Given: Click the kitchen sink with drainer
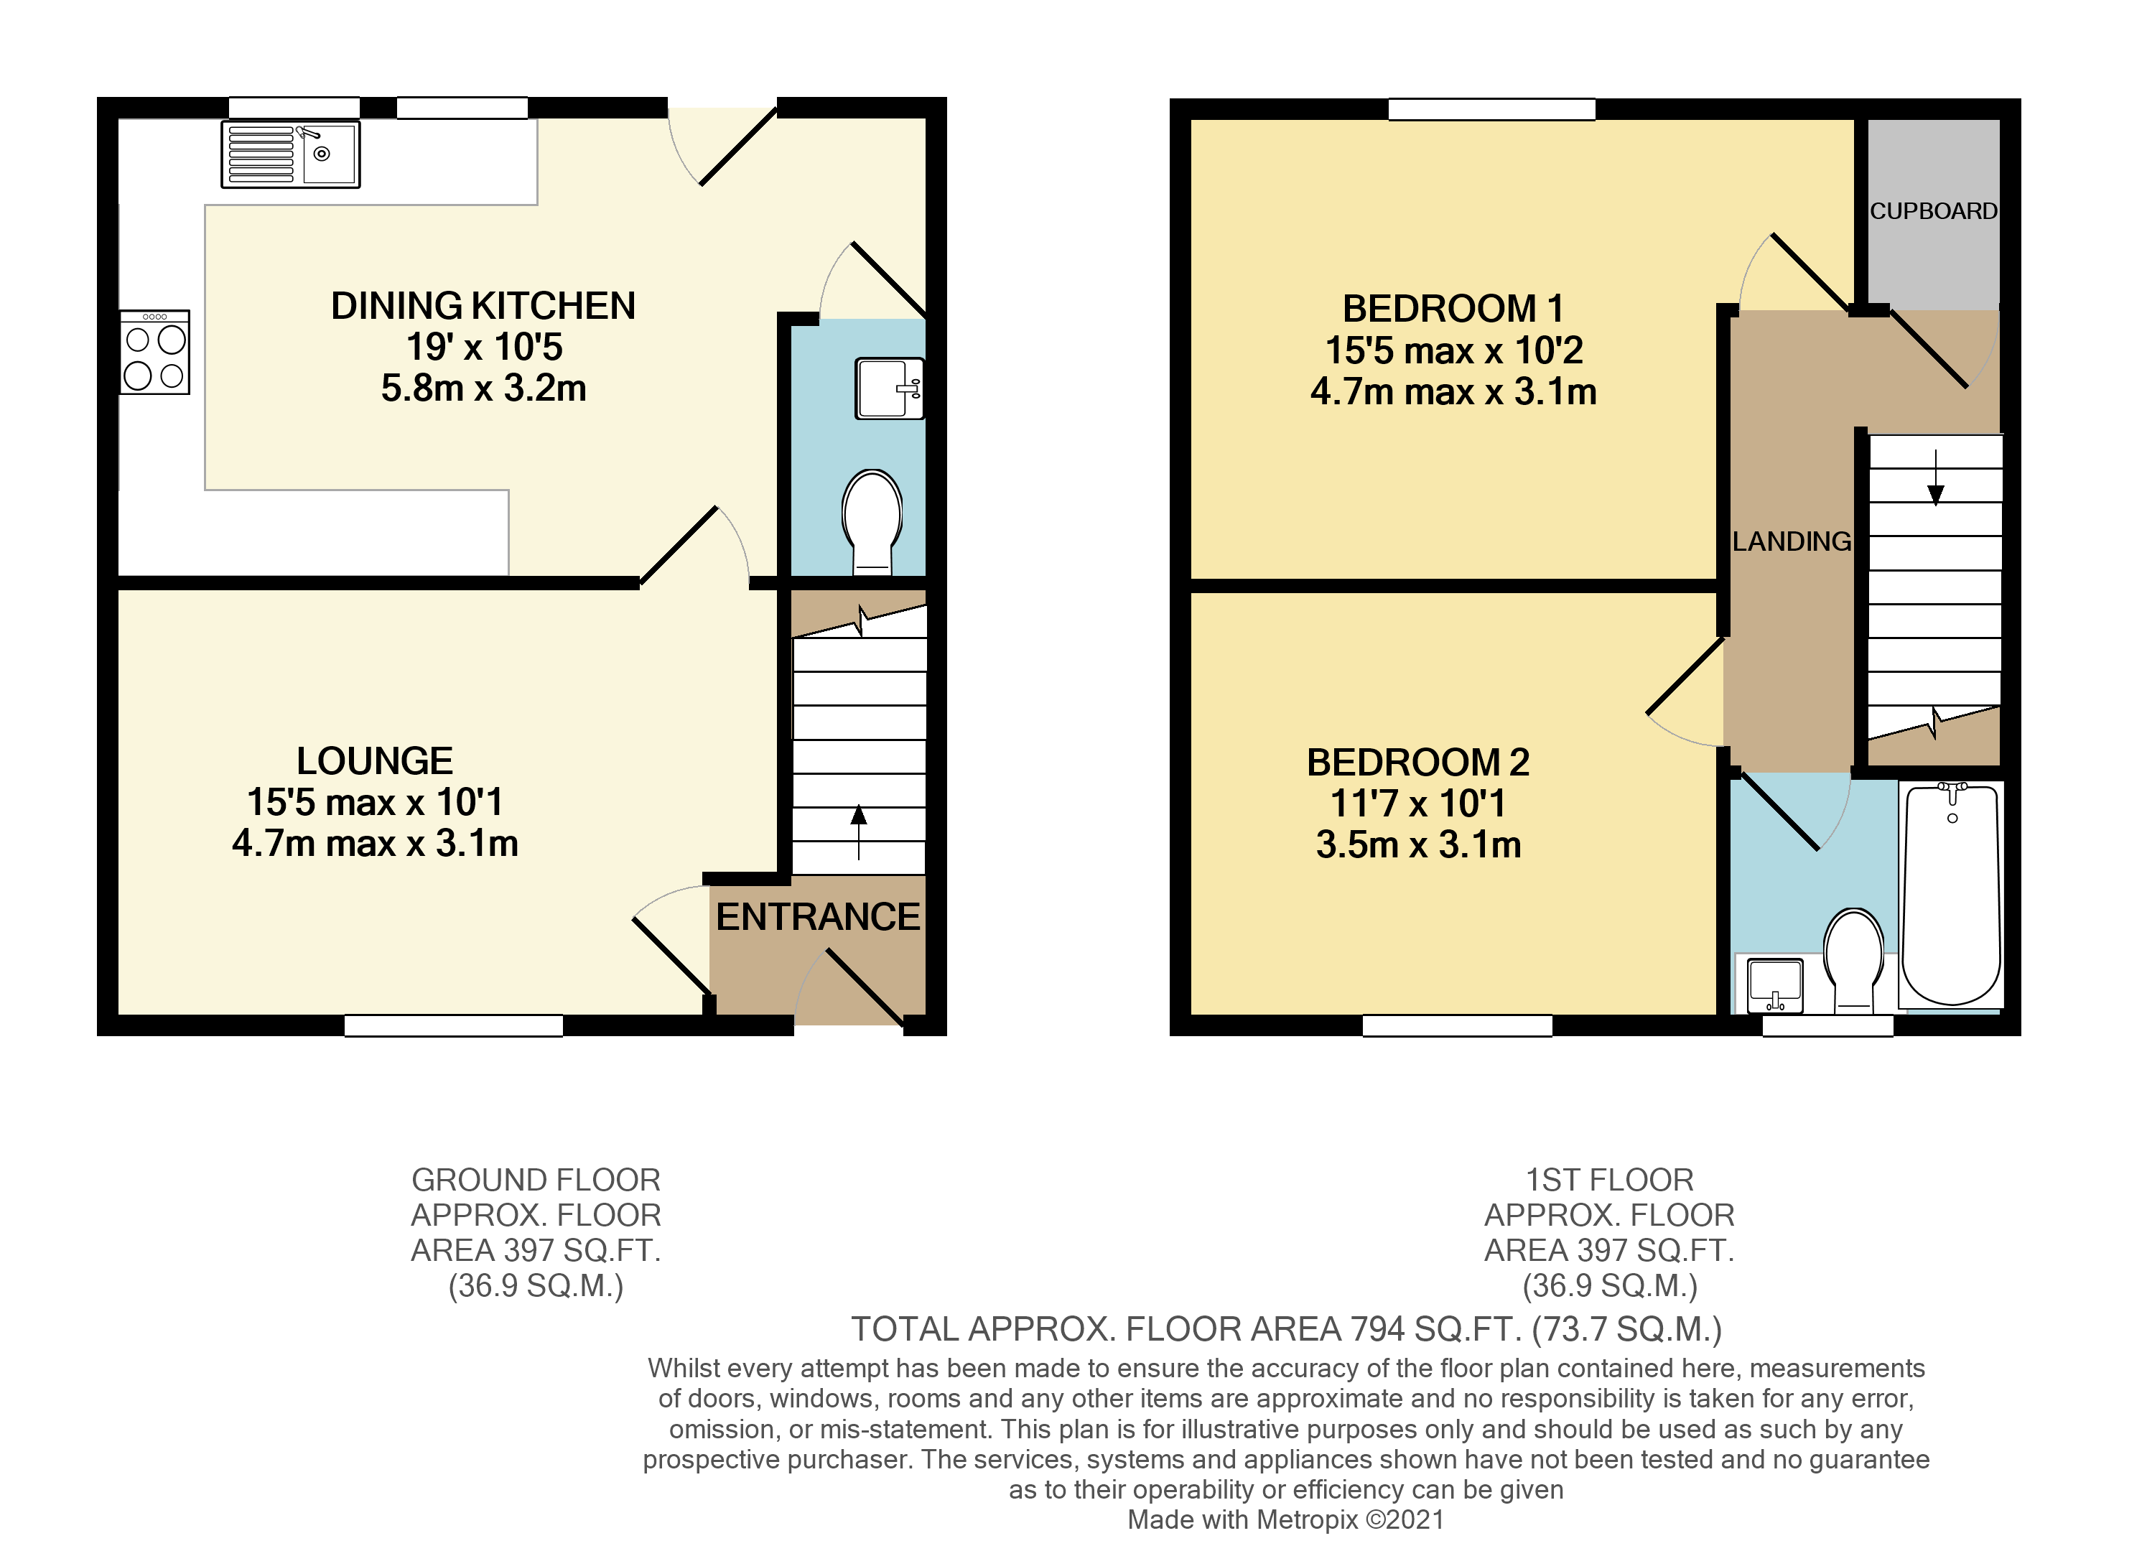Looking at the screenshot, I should pyautogui.click(x=291, y=154).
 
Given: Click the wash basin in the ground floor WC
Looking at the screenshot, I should pyautogui.click(x=888, y=388).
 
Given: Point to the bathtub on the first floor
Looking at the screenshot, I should pyautogui.click(x=1951, y=895).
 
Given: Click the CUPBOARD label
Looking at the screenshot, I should pyautogui.click(x=1933, y=211).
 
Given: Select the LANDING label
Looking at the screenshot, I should pyautogui.click(x=1791, y=541).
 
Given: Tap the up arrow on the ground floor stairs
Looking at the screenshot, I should pyautogui.click(x=859, y=830).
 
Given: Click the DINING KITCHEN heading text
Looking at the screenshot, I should pyautogui.click(x=483, y=306).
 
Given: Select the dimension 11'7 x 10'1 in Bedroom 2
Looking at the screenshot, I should pyautogui.click(x=1417, y=803).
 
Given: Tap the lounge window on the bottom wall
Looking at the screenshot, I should pyautogui.click(x=453, y=1025).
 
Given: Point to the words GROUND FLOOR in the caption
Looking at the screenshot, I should pyautogui.click(x=536, y=1180).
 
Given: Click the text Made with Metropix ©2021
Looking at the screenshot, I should pyautogui.click(x=1285, y=1519).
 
